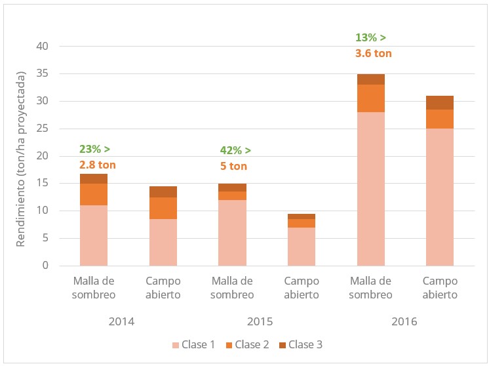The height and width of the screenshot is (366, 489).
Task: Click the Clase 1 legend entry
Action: coord(193,345)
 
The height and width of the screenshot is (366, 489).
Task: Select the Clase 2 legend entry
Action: coord(247,345)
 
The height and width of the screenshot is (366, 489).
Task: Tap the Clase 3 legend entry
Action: coord(301,345)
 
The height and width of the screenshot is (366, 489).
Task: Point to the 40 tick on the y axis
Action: coord(43,46)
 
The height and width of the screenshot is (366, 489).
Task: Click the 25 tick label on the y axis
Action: coord(43,129)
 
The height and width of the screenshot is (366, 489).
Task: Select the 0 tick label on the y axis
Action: coord(45,265)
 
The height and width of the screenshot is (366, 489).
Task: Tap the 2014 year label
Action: coord(122,321)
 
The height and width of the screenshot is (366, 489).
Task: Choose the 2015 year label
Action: coord(260,321)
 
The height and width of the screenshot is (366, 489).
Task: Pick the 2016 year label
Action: coord(404,321)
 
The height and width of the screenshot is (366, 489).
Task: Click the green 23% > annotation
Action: coord(94,149)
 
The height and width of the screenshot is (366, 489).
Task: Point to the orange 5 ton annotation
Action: coord(233,166)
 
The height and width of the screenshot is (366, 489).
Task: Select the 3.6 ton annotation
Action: coord(373,53)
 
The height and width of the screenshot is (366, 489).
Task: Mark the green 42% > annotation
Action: coord(235,150)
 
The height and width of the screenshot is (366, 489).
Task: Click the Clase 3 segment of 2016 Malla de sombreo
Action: coord(371,79)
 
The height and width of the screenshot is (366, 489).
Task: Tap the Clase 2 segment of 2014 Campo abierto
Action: coord(163,208)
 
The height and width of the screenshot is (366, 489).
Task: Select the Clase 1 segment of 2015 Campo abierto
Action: coord(302,247)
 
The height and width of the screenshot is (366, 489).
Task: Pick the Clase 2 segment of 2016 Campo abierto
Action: coord(440,119)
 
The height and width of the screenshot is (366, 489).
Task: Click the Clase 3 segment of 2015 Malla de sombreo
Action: coord(232,188)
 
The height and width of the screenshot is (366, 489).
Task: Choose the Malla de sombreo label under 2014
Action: coord(94,288)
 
